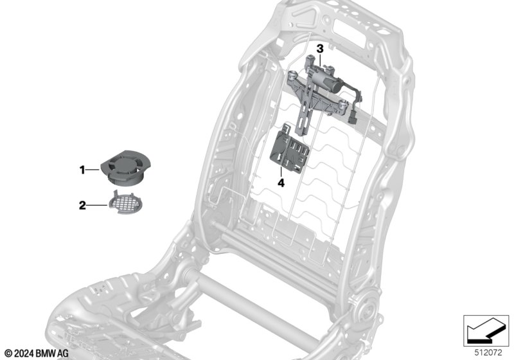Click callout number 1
pyautogui.click(x=82, y=170)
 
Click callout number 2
pyautogui.click(x=82, y=205)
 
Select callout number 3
pyautogui.click(x=319, y=49)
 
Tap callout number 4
pyautogui.click(x=281, y=183)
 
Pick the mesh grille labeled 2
pyautogui.click(x=125, y=203)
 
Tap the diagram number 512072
pyautogui.click(x=488, y=353)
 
